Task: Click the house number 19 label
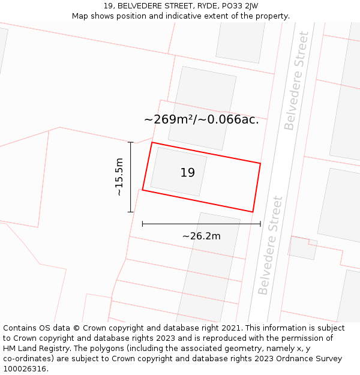pos(187,173)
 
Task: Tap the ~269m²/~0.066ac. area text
pos(202,119)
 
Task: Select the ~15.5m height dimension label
pos(119,177)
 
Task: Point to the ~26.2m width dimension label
pos(202,236)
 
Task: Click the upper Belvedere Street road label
pos(297,80)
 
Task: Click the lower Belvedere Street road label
pos(269,245)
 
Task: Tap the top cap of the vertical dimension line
pos(130,142)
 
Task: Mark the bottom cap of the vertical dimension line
pos(130,212)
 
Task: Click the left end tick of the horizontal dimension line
pos(142,224)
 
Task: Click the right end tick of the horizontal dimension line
pos(260,224)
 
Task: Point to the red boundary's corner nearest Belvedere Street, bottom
pos(253,212)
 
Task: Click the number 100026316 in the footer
pos(23,369)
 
